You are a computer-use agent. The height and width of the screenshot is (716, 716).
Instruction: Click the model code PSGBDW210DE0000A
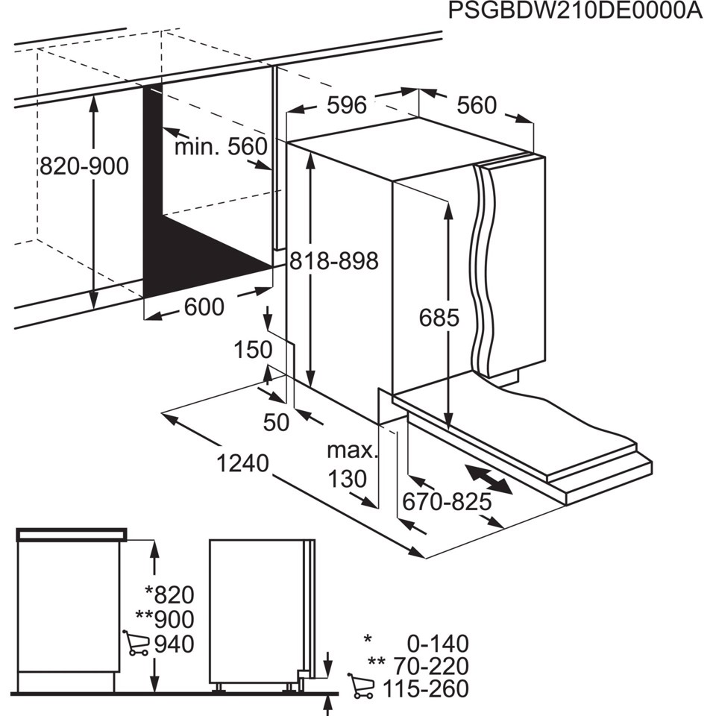pos(574,13)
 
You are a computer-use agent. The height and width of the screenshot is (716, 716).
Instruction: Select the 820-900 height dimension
pos(84,166)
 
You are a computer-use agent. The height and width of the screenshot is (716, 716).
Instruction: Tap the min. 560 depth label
pos(221,147)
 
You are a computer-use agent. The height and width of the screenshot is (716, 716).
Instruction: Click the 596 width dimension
pos(347,106)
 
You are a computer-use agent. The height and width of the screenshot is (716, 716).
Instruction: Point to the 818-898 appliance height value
pos(333,262)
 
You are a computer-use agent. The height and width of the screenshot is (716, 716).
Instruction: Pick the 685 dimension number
pos(439,318)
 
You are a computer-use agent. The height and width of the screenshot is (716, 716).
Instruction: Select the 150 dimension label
pos(252,350)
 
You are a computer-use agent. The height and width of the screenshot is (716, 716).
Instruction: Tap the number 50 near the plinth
pos(276,422)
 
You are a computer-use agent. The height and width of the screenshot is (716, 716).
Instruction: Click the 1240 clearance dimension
pos(242,464)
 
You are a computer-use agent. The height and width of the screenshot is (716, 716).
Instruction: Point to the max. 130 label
pos(351,465)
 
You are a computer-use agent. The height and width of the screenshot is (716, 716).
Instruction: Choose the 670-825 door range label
pos(447,503)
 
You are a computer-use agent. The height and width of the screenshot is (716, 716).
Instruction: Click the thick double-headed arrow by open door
pos(489,480)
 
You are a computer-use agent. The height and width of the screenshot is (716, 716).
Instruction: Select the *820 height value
pos(169,594)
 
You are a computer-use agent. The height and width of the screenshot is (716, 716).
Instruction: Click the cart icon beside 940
pos(136,643)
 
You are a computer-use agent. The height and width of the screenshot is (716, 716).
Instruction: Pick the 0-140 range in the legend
pos(437,643)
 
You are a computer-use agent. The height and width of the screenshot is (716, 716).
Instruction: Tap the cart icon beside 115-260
pos(362,687)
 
